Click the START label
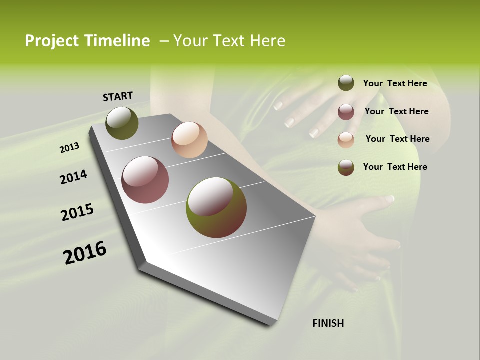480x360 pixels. coord(118,96)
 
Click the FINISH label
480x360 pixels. coord(328,323)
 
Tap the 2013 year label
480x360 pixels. coord(69,147)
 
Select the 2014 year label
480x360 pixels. coord(73,177)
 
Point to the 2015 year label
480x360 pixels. coord(77,212)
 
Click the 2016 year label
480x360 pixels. coord(85,252)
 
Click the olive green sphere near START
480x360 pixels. coord(122,123)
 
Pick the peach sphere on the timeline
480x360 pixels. coord(189,140)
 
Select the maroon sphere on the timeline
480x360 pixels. coord(145,180)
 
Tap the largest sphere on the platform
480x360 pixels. coord(216,207)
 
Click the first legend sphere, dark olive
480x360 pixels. coord(346,83)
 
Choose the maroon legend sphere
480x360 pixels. coord(346,111)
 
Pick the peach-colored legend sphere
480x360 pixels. coord(346,139)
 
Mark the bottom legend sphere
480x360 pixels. coord(346,167)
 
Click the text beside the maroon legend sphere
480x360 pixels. coord(396,111)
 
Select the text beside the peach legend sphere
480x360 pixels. coord(397,139)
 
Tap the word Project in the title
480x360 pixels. coord(51,41)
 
